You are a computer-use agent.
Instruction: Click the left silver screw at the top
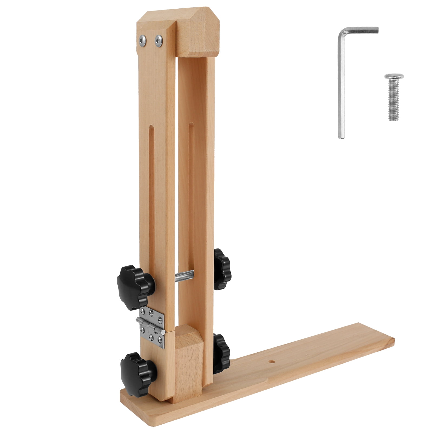(x=142, y=41)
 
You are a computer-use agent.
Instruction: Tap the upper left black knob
(x=135, y=287)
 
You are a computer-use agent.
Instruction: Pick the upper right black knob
(x=222, y=269)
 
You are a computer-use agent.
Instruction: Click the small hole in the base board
(x=271, y=361)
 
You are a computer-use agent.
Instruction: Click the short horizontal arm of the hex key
(x=360, y=30)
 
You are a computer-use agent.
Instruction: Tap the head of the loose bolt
(x=394, y=76)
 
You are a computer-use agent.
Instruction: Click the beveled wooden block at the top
(x=198, y=32)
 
